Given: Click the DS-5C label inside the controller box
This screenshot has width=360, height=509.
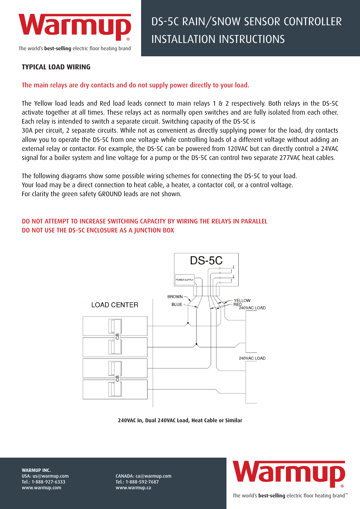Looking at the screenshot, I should [x=206, y=261].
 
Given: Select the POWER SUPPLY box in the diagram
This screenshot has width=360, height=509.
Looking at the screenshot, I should [x=184, y=280].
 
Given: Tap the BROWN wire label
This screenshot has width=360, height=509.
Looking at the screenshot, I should [x=175, y=297].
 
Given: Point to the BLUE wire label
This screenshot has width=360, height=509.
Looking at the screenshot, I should [x=177, y=304].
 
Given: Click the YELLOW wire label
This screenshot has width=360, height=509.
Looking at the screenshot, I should [x=242, y=300].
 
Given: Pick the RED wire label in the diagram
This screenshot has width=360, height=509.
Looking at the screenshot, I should [x=237, y=304].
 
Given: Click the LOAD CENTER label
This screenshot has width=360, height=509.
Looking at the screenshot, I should [x=115, y=305].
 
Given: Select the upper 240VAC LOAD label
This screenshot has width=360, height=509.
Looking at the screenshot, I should [x=252, y=308].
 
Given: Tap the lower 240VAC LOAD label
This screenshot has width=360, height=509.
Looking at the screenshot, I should [x=252, y=358].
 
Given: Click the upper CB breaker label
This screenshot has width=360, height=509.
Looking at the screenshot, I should [x=118, y=336].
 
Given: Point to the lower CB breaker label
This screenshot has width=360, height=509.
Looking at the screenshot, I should [x=118, y=378].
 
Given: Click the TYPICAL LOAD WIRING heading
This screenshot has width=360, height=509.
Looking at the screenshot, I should [x=56, y=67].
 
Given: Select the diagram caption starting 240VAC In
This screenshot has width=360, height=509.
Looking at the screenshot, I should [x=180, y=420].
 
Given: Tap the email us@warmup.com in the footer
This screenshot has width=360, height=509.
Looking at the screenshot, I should [x=51, y=476].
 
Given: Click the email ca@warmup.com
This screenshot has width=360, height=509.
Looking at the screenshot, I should [x=153, y=476].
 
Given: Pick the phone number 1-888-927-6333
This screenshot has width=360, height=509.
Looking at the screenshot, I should [x=48, y=482].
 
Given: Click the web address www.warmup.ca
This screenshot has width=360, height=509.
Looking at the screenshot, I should [x=133, y=488].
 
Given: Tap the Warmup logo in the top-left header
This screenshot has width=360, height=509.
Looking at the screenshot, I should [x=75, y=27].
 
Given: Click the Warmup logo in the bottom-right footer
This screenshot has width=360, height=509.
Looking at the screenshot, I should [x=289, y=474].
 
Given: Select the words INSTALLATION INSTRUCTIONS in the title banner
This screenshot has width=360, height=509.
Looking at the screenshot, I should [x=218, y=39].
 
